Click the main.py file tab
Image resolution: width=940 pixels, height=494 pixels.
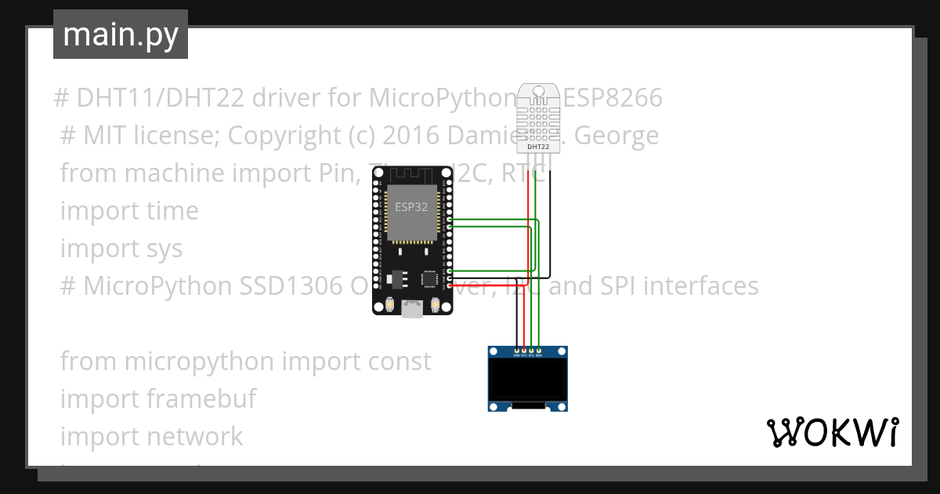(120, 35)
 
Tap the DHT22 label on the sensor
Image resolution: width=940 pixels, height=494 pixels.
(538, 146)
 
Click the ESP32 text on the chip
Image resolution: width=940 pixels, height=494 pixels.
(410, 205)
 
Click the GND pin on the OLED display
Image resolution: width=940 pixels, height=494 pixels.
(516, 350)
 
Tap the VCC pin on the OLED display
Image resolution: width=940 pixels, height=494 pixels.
(524, 350)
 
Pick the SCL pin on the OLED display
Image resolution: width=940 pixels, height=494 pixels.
(532, 350)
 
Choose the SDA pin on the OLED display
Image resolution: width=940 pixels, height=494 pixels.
(539, 350)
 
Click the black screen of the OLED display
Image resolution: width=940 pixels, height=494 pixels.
(527, 380)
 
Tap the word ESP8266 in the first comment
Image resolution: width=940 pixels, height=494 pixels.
(613, 99)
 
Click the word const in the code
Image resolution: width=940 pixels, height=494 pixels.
(400, 361)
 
